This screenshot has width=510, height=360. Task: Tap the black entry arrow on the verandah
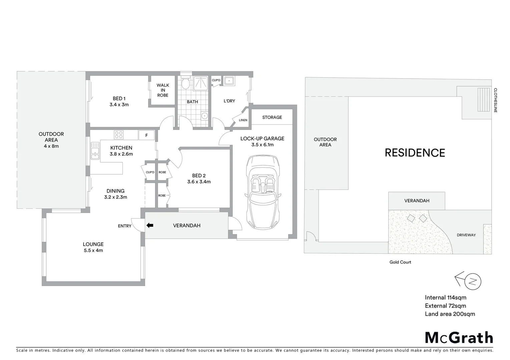tap(150, 225)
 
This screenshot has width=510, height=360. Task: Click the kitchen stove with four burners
tap(119, 135)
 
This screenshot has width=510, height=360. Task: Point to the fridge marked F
tap(146, 135)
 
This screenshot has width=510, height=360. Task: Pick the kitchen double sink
tap(95, 150)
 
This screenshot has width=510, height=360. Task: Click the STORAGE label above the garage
tap(272, 117)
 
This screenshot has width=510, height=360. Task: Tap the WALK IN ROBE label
tap(163, 90)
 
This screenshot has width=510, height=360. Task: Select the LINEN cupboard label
tap(243, 120)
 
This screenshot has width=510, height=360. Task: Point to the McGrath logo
tap(459, 338)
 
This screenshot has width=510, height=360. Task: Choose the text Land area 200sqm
tap(450, 314)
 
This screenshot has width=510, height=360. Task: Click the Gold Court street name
tap(400, 262)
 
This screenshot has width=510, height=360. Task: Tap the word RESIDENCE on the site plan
tap(415, 153)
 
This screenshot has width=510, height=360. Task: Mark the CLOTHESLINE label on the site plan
tap(496, 100)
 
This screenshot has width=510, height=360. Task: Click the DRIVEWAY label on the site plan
tap(466, 235)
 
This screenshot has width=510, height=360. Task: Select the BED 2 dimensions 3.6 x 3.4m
tap(199, 182)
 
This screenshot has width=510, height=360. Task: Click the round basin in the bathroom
tap(204, 116)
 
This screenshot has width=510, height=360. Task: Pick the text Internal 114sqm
tap(445, 298)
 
